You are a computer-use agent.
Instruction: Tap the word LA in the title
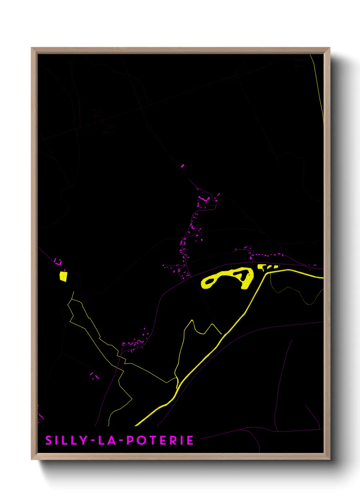107,440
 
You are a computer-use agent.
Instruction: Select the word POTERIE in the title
160,440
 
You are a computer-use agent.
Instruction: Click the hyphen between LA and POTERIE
121,441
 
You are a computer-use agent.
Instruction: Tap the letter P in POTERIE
130,440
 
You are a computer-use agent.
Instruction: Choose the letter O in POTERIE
141,440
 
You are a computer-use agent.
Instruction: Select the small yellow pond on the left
63,276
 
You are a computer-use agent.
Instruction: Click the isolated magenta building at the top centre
182,166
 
